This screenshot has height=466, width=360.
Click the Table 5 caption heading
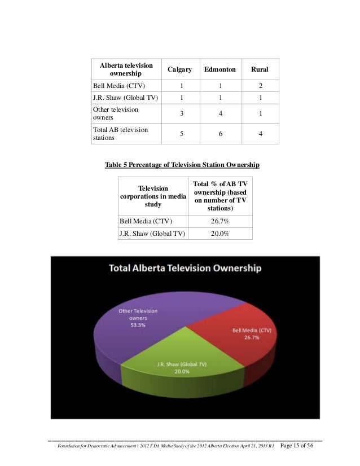(182, 165)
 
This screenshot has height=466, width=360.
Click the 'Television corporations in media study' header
(153, 196)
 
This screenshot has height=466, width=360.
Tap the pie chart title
(185, 268)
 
